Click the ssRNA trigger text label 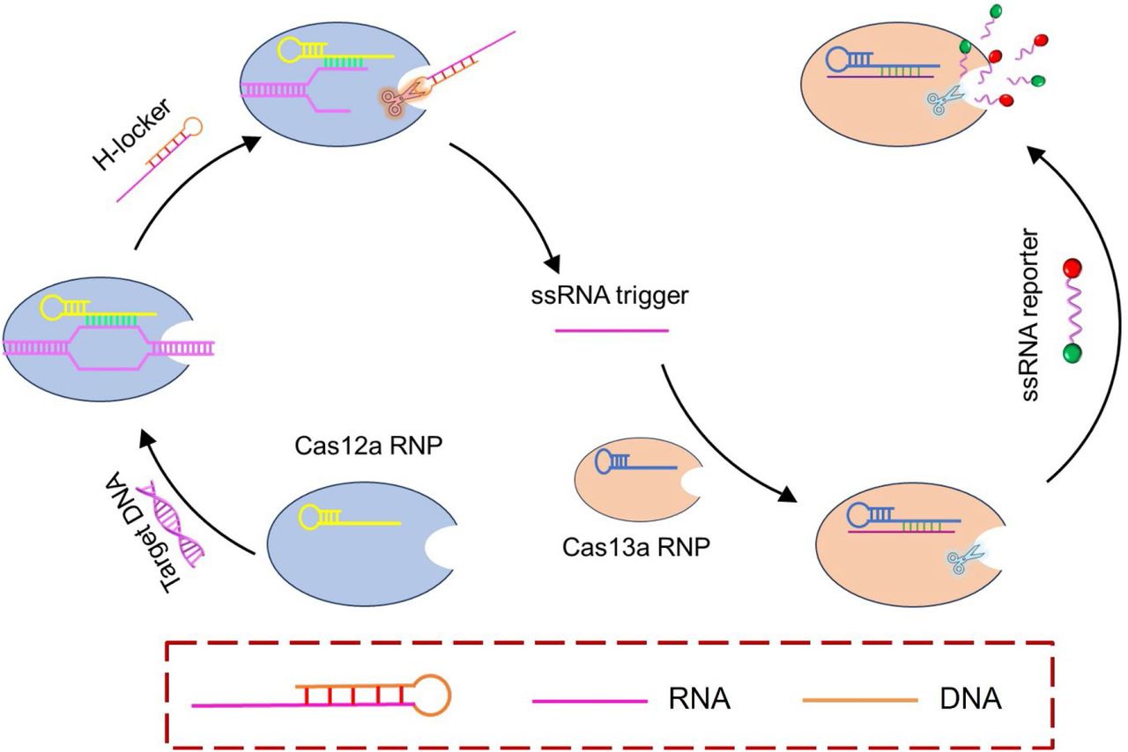[611, 295]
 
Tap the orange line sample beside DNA [860, 701]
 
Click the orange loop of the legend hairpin [433, 695]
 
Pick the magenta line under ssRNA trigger [611, 330]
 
